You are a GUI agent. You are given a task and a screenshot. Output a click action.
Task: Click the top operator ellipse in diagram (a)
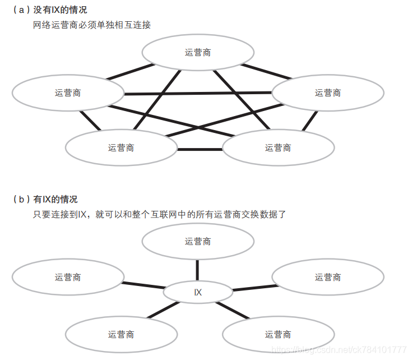[x=198, y=53]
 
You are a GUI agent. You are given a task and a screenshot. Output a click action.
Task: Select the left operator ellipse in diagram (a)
[x=68, y=93]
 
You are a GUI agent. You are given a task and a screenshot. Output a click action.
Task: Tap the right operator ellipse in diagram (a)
[x=328, y=93]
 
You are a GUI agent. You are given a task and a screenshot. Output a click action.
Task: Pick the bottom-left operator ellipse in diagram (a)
[x=121, y=147]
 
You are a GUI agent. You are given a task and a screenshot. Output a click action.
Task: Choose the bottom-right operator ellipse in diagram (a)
[x=278, y=147]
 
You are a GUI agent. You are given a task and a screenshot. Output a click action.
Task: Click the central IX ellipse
[x=198, y=292]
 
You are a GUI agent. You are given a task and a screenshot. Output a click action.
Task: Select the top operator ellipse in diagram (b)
[x=198, y=241]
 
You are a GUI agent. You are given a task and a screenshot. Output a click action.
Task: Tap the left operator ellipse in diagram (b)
[x=68, y=277]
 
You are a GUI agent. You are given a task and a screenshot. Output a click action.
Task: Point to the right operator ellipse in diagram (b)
[x=328, y=277]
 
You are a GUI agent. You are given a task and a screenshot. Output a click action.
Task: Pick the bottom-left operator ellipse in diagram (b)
[x=121, y=334]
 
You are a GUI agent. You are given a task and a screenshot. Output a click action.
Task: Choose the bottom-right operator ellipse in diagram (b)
[x=278, y=334]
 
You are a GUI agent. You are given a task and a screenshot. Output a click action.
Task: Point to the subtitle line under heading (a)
[x=92, y=25]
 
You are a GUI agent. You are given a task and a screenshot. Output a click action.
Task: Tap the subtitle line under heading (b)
[x=159, y=214]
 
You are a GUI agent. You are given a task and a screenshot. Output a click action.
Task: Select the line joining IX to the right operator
[x=252, y=288]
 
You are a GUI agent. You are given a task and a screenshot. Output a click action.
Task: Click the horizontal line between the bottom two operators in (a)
[x=200, y=149]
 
